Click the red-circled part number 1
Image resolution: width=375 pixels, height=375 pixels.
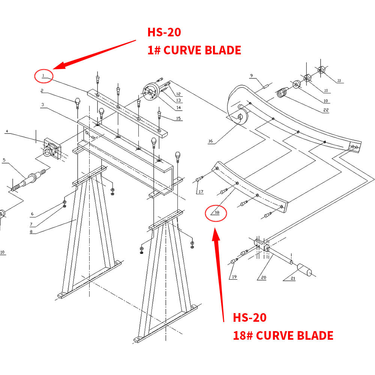(43, 76)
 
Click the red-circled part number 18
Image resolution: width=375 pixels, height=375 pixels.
(216, 213)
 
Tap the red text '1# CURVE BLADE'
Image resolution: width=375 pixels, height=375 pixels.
(194, 50)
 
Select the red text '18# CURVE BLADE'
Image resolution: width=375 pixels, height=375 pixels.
(283, 335)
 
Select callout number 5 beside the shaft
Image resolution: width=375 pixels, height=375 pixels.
(4, 160)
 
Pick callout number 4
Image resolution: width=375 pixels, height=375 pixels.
(6, 131)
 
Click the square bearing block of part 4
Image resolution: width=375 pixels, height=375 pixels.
(51, 148)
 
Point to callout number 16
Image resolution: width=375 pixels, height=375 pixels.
(210, 141)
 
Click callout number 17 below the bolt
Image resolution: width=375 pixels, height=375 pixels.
(201, 192)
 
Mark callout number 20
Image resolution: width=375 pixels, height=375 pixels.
(264, 277)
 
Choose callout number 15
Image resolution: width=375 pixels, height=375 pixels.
(178, 119)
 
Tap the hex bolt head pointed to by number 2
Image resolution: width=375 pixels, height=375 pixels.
(78, 100)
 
